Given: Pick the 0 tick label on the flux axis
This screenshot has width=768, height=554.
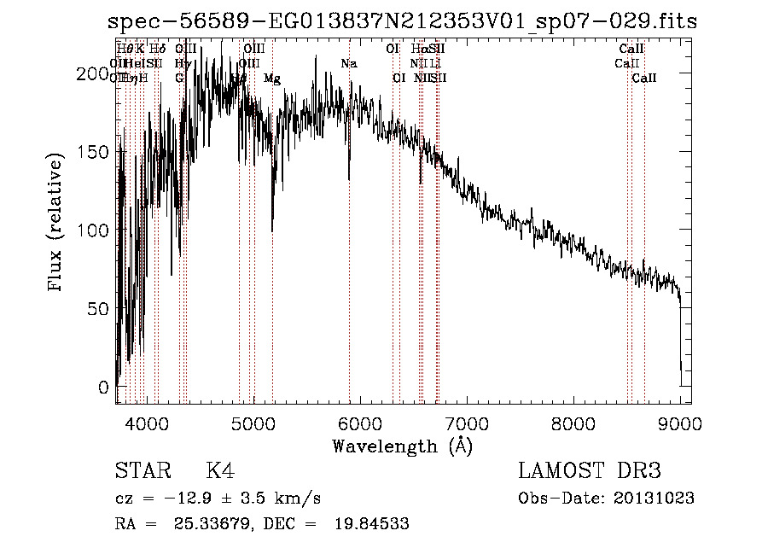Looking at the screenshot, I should (104, 387).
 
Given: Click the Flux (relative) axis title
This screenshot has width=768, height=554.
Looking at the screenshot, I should (57, 225).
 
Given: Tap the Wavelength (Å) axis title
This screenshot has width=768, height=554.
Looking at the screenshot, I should (402, 446).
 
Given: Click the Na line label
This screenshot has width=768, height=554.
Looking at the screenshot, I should (348, 64).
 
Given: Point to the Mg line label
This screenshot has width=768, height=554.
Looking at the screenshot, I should (271, 79).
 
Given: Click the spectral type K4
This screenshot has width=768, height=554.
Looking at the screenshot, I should (220, 471).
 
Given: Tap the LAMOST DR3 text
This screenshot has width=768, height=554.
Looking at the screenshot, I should (590, 471).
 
